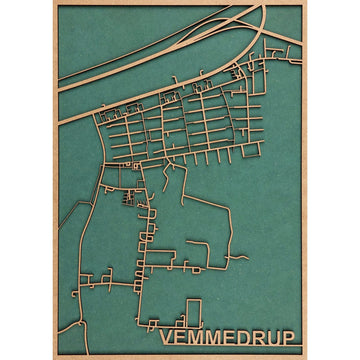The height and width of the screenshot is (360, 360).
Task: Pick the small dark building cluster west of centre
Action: point(128,196)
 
